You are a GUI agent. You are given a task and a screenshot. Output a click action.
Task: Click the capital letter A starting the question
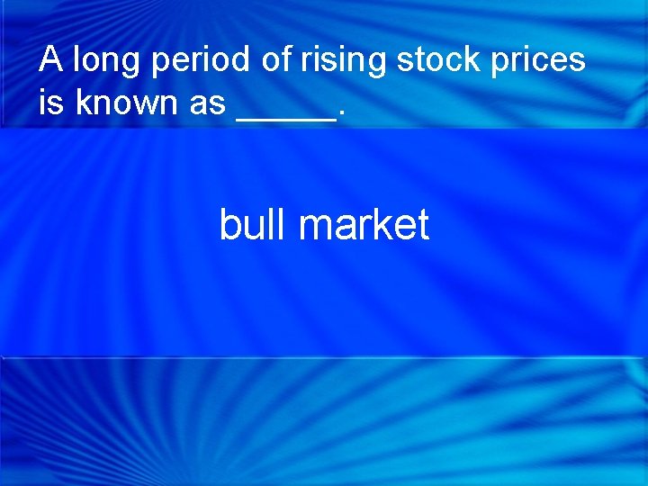click(x=50, y=60)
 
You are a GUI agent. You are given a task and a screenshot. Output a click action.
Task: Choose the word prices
click(x=536, y=61)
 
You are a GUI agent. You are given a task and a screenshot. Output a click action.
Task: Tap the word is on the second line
click(x=52, y=103)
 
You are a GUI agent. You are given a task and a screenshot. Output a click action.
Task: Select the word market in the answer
click(x=364, y=224)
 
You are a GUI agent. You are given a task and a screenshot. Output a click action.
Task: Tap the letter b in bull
click(x=229, y=224)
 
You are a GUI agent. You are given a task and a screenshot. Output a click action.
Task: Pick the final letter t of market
click(x=423, y=224)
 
